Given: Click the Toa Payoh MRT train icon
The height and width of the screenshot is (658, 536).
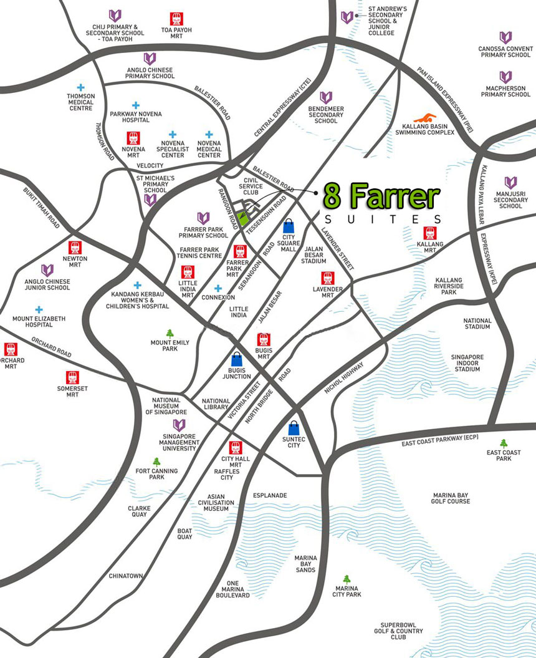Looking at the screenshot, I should click(x=176, y=19).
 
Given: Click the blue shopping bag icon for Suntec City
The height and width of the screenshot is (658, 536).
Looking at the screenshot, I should click(x=294, y=428).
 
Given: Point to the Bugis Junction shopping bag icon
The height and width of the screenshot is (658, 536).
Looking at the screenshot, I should click(x=237, y=360).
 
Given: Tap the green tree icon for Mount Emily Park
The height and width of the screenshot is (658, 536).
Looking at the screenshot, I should click(x=170, y=333).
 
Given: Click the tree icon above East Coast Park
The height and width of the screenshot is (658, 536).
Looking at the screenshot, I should click(x=504, y=443).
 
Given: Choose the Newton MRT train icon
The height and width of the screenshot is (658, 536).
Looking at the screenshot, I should click(x=75, y=248).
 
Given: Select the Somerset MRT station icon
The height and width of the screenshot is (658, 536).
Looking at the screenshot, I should click(x=73, y=377).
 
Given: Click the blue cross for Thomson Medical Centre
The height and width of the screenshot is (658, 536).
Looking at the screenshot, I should click(x=80, y=88).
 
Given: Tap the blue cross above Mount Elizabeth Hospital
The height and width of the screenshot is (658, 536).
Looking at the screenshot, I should click(x=39, y=309).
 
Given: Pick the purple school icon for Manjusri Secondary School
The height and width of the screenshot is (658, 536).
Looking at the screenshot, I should click(x=510, y=183).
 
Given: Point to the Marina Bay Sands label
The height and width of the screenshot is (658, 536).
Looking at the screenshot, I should click(x=305, y=564).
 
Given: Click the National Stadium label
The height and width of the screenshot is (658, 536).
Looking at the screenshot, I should click(x=477, y=324).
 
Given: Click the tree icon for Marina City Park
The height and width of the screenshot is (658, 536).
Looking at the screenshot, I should click(x=347, y=579).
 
